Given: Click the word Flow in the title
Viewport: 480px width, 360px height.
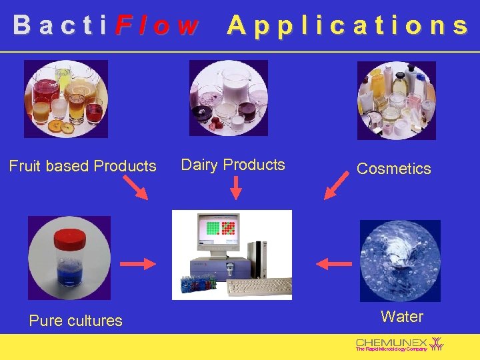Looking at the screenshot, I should click(157, 25).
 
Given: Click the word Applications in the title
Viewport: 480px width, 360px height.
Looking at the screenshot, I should click(347, 25).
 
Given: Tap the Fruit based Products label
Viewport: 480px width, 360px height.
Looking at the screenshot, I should click(83, 166).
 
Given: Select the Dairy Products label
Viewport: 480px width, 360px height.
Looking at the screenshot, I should click(233, 165).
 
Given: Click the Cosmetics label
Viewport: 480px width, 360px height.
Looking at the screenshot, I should click(393, 169).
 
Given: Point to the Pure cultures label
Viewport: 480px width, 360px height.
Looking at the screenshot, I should click(75, 321).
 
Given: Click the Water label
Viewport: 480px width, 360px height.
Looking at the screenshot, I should click(401, 317).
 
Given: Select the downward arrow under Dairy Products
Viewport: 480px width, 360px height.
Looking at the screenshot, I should click(235, 187).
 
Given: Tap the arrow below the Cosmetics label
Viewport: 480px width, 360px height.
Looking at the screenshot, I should click(336, 185).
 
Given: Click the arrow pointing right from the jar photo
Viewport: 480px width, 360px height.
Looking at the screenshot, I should click(138, 264).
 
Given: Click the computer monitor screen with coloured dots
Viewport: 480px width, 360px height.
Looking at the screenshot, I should click(220, 229).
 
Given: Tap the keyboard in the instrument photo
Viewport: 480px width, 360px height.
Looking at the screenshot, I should click(259, 287).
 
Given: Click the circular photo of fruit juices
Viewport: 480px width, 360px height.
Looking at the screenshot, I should click(65, 99).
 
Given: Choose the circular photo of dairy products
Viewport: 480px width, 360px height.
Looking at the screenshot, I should click(229, 98).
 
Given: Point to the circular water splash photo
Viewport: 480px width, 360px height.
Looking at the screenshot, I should click(400, 261).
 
